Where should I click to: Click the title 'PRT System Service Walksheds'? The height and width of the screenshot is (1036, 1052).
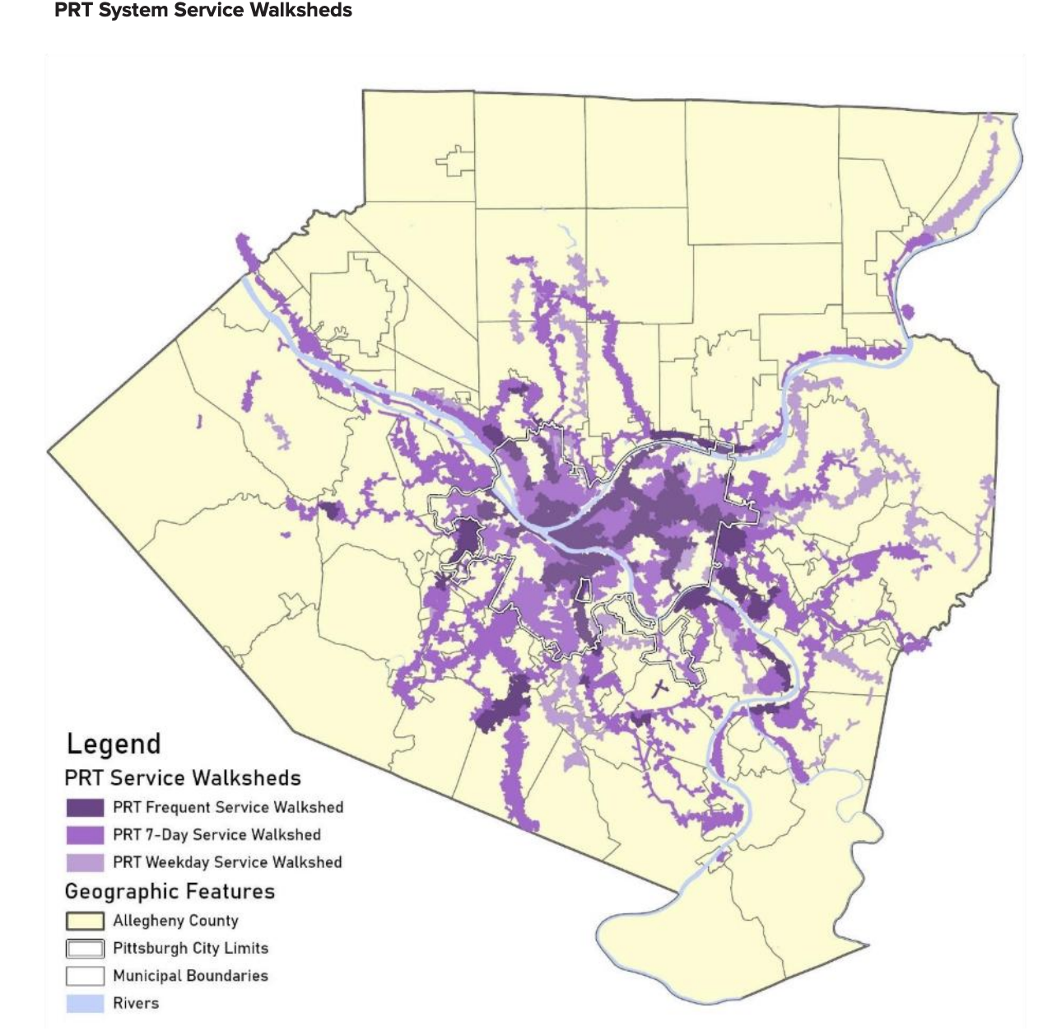202,11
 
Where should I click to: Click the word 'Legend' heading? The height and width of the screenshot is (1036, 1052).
114,744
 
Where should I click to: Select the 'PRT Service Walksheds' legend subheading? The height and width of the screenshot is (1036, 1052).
183,778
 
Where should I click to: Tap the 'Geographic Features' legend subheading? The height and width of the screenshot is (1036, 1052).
170,892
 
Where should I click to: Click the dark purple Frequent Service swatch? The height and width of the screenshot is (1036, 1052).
85,807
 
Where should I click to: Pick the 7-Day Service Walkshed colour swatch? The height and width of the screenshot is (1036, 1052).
85,835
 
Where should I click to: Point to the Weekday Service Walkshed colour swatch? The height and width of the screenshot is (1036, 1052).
85,862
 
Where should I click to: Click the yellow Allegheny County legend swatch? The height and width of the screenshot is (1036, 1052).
85,921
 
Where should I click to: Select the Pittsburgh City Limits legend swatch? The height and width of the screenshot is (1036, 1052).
85,949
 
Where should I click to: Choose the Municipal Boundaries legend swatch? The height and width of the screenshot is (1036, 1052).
85,976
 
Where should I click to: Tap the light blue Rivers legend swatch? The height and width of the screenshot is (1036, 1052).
85,1003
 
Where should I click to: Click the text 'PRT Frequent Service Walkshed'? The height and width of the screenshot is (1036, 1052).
228,807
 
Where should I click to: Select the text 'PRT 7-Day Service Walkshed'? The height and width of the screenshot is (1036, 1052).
216,835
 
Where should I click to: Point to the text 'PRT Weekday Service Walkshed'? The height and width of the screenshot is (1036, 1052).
227,862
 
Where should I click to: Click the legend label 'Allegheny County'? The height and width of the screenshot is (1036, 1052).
175,921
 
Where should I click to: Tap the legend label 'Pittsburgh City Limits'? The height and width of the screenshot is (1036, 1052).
190,949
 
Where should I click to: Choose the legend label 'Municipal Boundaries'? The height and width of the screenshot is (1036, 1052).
190,976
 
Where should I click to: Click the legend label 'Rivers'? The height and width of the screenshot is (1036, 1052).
136,1003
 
